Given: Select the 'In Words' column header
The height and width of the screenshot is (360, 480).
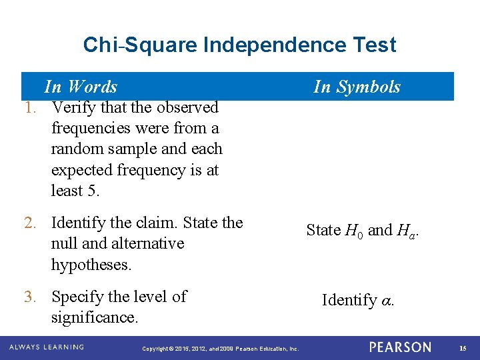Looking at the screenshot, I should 81,87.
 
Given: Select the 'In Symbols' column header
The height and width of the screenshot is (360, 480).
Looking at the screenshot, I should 357,87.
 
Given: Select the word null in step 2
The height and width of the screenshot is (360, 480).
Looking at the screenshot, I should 65,243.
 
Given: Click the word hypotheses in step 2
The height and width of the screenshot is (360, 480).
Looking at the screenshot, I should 91,265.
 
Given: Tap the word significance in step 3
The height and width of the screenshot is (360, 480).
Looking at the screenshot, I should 94,317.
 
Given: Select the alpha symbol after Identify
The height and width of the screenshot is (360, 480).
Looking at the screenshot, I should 386,301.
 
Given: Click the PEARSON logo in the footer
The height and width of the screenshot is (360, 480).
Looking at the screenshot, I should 400,347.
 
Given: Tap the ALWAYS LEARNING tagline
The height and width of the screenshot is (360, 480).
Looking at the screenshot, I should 46,347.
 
